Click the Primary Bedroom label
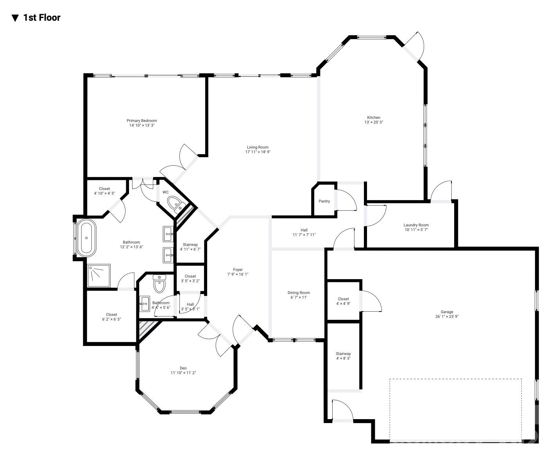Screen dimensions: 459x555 tap(141, 120)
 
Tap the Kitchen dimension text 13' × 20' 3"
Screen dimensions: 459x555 tap(373, 122)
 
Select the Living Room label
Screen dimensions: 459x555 tap(258, 147)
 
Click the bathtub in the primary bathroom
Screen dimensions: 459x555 tap(86, 238)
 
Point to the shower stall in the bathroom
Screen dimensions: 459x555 tap(98, 276)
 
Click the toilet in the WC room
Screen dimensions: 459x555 tap(175, 204)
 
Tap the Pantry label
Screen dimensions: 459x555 tap(324, 201)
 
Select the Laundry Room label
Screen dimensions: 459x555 tap(416, 225)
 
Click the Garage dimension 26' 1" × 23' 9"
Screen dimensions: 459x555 tap(447, 317)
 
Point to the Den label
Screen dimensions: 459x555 tap(183, 368)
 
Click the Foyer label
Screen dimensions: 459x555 tap(238, 269)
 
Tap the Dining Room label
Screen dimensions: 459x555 tap(299, 292)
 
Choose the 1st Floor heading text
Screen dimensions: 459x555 tap(42, 18)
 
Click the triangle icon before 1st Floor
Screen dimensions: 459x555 tap(15, 18)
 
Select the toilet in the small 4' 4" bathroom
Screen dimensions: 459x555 tap(159, 284)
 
